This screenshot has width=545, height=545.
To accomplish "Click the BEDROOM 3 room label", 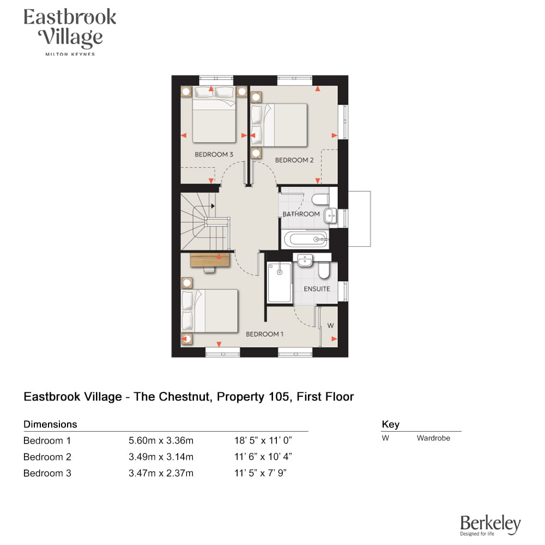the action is [x=214, y=154].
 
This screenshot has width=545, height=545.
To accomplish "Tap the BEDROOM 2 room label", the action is [x=294, y=160].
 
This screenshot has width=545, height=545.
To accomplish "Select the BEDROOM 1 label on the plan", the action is [x=264, y=334].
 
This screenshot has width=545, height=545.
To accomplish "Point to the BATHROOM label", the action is [x=301, y=214].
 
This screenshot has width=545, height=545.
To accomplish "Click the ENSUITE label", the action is [x=317, y=289].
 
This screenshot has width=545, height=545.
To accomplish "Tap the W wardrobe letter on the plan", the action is [x=331, y=326].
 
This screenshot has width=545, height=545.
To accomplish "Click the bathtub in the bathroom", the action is [x=306, y=239].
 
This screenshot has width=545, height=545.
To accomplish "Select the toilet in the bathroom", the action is [x=320, y=199].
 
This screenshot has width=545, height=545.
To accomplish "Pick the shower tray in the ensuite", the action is [x=279, y=282].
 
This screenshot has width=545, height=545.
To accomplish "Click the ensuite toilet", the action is [x=324, y=270].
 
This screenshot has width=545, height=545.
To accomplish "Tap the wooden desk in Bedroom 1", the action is [x=210, y=260].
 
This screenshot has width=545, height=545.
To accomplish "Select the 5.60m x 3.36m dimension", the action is [x=161, y=441].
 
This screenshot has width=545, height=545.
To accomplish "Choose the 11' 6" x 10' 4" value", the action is [x=263, y=457].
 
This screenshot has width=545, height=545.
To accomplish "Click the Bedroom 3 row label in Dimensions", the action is [x=47, y=473].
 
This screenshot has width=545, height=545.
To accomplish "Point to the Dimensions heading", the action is [x=50, y=425].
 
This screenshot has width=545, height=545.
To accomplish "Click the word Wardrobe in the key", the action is [x=433, y=438].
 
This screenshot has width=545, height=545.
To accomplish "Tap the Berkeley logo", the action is [x=491, y=525].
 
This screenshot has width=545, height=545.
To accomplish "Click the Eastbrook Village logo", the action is [x=70, y=31].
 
